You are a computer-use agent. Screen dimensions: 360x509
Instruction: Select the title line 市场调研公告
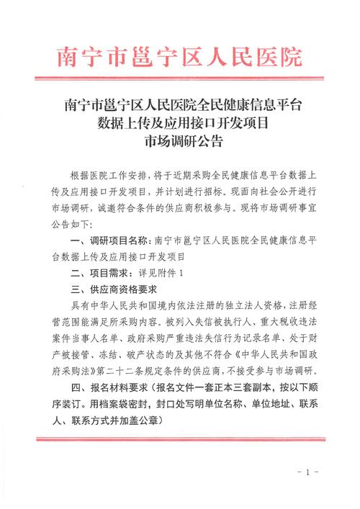[x=180, y=140]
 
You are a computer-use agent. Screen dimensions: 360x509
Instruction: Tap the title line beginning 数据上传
[x=180, y=122]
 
